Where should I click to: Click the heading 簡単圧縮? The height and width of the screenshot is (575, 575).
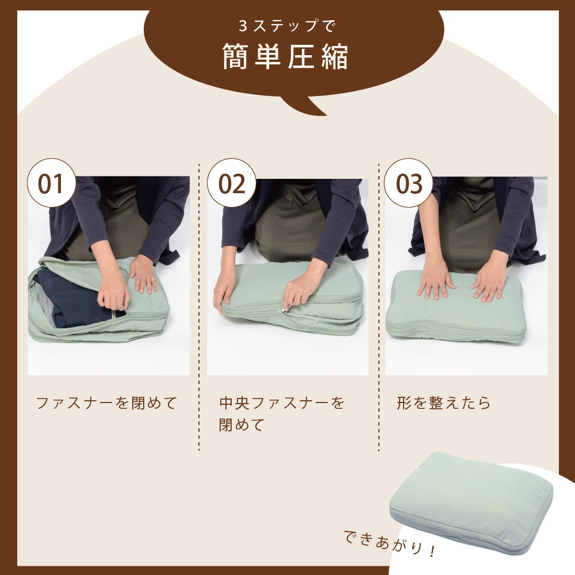285,57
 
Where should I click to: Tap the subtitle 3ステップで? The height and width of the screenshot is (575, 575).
286,26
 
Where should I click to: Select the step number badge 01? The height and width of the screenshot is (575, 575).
52,183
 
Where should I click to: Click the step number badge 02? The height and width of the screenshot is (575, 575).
231,183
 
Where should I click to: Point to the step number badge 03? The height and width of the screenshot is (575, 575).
408,183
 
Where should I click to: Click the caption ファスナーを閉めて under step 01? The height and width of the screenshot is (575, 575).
107,402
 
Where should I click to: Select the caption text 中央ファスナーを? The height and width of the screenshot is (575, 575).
282,402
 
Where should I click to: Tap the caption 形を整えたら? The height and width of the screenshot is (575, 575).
443,402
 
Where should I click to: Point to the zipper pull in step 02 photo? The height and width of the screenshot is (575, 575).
281,310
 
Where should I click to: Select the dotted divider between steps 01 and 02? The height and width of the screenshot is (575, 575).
199,307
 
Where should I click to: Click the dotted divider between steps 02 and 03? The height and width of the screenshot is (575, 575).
378,307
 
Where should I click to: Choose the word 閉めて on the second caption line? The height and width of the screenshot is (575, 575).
241,425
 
